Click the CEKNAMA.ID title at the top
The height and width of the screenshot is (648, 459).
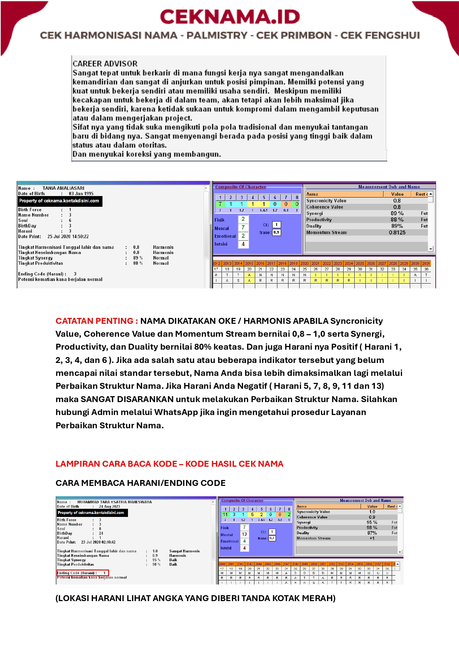click(x=230, y=17)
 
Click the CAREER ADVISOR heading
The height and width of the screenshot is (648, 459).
click(x=105, y=64)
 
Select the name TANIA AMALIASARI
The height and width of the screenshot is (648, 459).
click(x=63, y=188)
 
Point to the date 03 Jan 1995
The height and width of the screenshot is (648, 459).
click(x=81, y=193)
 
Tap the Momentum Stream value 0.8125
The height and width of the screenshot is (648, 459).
click(x=397, y=233)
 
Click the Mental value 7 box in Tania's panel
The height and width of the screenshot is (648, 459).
click(x=243, y=228)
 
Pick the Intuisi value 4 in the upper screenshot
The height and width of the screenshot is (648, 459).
click(x=243, y=244)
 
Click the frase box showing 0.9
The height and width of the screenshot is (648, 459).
click(x=276, y=233)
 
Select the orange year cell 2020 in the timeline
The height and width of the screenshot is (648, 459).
click(x=304, y=264)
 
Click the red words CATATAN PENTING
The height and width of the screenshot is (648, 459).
click(x=97, y=321)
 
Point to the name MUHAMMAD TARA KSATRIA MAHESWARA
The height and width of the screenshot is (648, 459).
click(x=115, y=502)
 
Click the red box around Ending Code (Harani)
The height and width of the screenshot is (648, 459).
click(x=82, y=573)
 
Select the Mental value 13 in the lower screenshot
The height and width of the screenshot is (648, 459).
click(x=244, y=534)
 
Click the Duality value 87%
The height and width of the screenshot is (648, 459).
click(x=372, y=533)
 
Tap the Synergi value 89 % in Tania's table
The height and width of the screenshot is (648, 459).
click(x=397, y=213)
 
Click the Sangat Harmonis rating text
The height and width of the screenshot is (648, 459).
click(x=184, y=551)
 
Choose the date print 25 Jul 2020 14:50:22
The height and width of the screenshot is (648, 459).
click(x=68, y=236)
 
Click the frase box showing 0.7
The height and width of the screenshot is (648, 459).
click(x=272, y=538)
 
